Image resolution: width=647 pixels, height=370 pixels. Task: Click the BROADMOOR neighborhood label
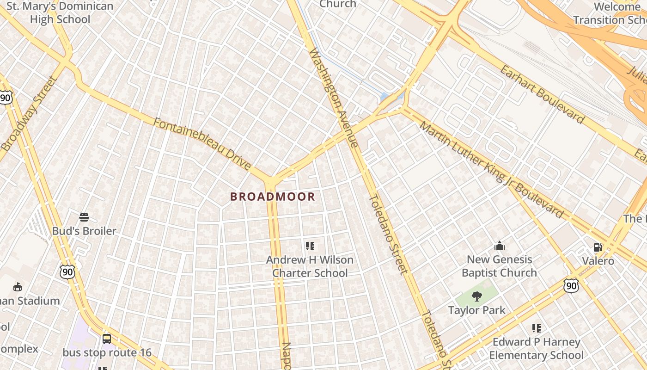[273, 197]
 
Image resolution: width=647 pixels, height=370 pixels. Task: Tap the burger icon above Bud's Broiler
[84, 217]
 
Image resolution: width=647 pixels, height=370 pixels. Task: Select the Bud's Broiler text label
[84, 231]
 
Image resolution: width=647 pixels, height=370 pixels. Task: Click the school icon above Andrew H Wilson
[310, 246]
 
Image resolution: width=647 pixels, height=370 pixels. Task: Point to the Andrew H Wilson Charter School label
[310, 266]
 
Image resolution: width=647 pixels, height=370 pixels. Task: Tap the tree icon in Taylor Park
[477, 296]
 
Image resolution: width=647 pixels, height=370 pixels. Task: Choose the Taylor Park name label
[477, 310]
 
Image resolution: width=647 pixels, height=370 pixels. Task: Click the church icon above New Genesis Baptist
[499, 246]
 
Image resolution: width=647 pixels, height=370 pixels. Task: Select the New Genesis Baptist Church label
[499, 266]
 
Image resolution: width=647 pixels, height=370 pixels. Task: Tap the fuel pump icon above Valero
[598, 247]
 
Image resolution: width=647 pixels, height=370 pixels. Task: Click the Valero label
[598, 261]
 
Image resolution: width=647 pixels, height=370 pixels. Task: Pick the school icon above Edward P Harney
[536, 328]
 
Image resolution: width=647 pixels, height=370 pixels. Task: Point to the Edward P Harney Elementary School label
[536, 349]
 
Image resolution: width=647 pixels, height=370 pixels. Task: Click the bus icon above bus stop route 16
[107, 339]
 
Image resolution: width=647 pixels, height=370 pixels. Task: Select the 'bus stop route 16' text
[107, 352]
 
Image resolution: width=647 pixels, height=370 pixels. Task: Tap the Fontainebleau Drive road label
[202, 144]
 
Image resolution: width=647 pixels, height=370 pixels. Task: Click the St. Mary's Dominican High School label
[60, 13]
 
